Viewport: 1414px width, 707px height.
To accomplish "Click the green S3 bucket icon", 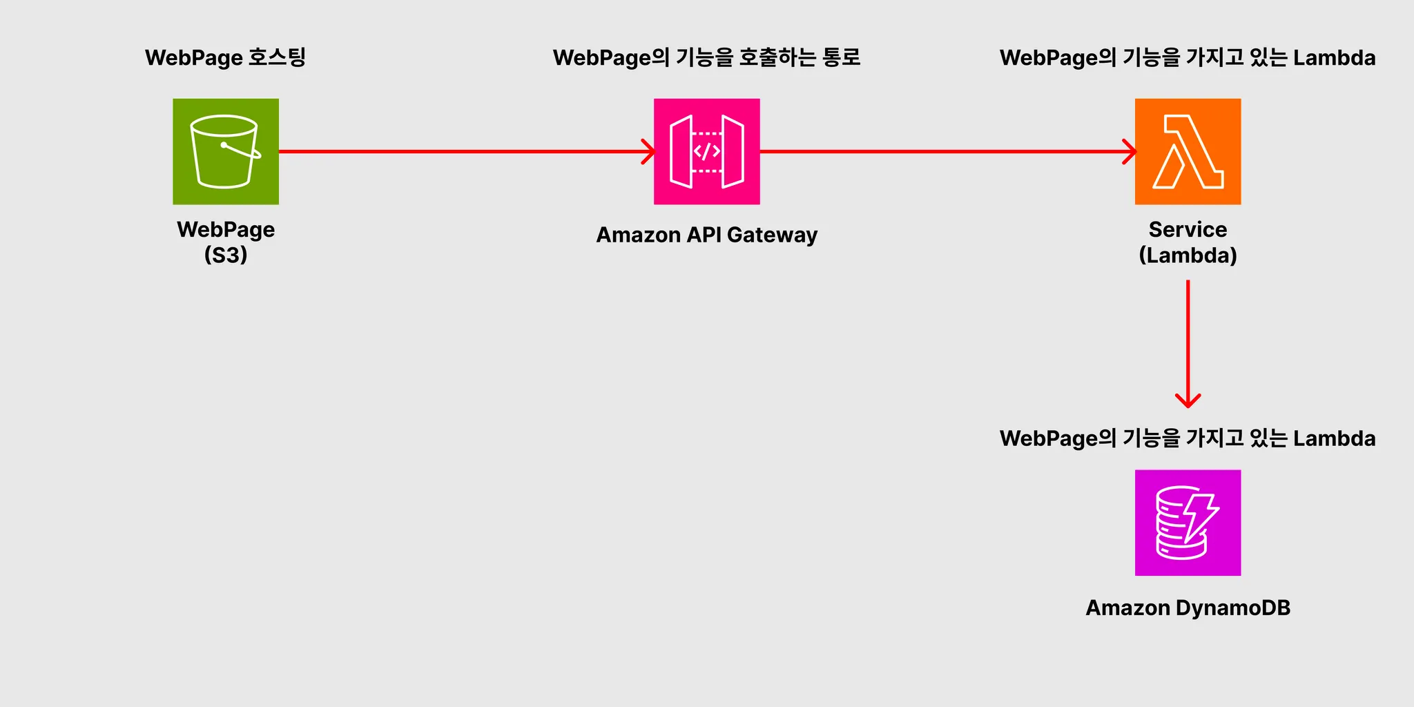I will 226,151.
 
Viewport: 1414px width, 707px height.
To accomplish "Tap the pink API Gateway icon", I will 706,151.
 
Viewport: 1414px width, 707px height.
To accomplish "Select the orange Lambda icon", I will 1188,151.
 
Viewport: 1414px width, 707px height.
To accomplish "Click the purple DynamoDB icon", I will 1188,523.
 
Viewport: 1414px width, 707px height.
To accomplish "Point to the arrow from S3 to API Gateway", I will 466,151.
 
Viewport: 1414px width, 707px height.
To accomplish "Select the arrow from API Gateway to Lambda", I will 946,151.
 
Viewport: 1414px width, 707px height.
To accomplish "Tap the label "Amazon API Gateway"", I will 706,235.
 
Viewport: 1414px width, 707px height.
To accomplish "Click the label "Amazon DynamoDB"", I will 1188,608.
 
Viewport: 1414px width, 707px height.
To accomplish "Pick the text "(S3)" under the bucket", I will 226,255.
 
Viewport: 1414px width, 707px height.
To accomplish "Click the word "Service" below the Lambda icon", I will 1188,229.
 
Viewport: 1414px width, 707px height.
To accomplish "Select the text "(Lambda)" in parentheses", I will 1188,255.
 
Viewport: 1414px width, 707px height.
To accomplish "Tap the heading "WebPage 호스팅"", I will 225,57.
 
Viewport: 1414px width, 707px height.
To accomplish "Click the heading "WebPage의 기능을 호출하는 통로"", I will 706,57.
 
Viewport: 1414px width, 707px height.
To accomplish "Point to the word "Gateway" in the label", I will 772,235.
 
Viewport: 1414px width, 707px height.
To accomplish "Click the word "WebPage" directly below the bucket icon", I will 226,229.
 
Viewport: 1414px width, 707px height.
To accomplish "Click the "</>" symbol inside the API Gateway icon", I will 706,151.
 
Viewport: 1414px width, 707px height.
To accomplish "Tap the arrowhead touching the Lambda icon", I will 1130,151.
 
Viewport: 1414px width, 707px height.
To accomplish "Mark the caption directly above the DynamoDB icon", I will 1188,438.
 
